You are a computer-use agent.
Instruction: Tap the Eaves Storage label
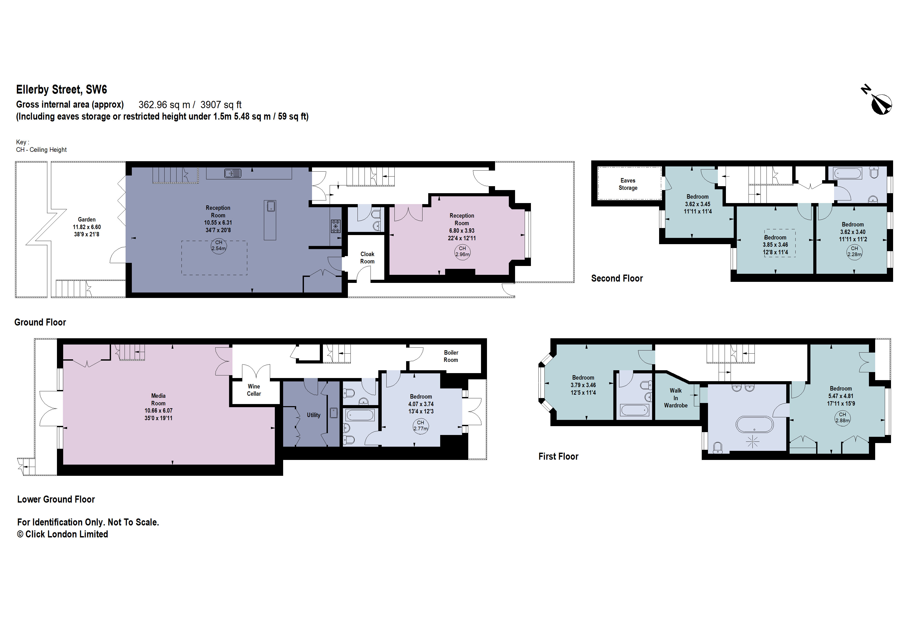(628, 184)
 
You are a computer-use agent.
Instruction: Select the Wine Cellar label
(254, 390)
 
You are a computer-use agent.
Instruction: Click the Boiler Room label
(451, 356)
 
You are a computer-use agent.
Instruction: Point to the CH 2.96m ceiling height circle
(463, 252)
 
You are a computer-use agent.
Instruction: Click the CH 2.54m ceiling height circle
(218, 246)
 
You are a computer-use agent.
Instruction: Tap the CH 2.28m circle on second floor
(854, 251)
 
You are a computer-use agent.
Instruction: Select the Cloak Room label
(367, 258)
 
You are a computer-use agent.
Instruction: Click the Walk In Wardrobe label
(675, 398)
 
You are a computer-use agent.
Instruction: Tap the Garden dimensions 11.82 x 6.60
(87, 227)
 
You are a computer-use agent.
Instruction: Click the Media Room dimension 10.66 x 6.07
(158, 411)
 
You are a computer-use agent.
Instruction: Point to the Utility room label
(314, 415)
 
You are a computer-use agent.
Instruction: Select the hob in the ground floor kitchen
(336, 226)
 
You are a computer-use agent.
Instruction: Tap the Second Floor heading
(617, 278)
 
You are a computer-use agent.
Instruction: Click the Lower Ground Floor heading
(56, 499)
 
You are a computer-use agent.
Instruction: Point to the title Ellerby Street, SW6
(61, 90)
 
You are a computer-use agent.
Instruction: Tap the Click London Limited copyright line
(63, 534)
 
